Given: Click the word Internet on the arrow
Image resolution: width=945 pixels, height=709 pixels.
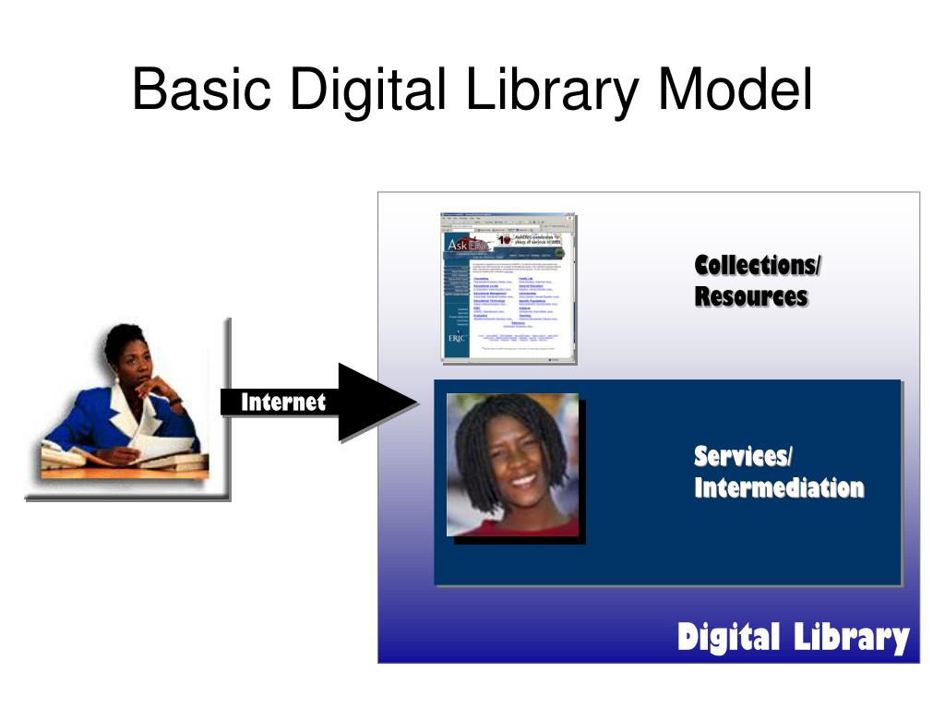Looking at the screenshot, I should [283, 403].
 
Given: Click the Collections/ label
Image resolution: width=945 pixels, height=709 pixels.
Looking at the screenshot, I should [758, 266].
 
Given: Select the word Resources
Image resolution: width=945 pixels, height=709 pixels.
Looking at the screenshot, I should [751, 297].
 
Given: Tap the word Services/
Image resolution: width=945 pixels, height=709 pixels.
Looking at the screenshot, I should [743, 456].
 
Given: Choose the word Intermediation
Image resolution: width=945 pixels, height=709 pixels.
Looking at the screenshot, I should [779, 487].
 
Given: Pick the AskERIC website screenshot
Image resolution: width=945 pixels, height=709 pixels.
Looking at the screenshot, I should [508, 287].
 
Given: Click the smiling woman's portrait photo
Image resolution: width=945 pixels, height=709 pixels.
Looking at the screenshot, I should [513, 464].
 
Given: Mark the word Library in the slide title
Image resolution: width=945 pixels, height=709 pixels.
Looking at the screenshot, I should [553, 90].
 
